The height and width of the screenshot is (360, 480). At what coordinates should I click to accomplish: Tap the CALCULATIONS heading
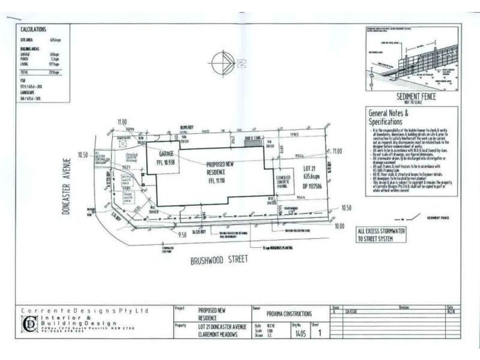pyautogui.click(x=34, y=29)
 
